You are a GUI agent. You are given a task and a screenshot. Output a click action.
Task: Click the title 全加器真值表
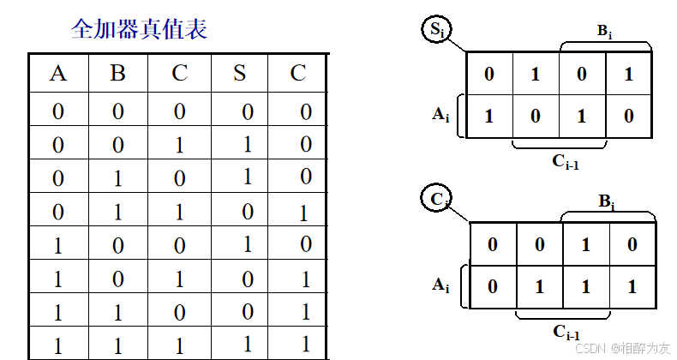click(x=139, y=31)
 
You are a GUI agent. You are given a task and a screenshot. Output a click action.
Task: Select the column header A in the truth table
click(x=58, y=73)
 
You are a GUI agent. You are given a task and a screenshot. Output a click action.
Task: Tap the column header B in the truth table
click(x=118, y=73)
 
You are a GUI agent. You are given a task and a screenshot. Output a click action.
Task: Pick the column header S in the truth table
click(x=239, y=73)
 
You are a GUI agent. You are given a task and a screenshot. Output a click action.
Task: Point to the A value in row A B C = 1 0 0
click(x=58, y=245)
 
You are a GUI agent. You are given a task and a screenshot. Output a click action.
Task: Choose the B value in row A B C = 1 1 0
click(x=118, y=312)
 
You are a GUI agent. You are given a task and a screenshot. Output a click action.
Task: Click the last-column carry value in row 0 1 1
click(x=300, y=212)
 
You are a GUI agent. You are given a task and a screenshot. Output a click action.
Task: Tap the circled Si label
click(x=436, y=31)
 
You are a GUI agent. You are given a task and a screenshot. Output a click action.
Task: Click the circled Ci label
click(x=437, y=201)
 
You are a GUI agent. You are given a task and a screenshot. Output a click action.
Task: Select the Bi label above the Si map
click(x=605, y=31)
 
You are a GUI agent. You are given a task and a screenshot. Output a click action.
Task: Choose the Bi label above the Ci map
click(x=605, y=202)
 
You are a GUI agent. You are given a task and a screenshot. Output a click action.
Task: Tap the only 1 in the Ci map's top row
click(x=585, y=245)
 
